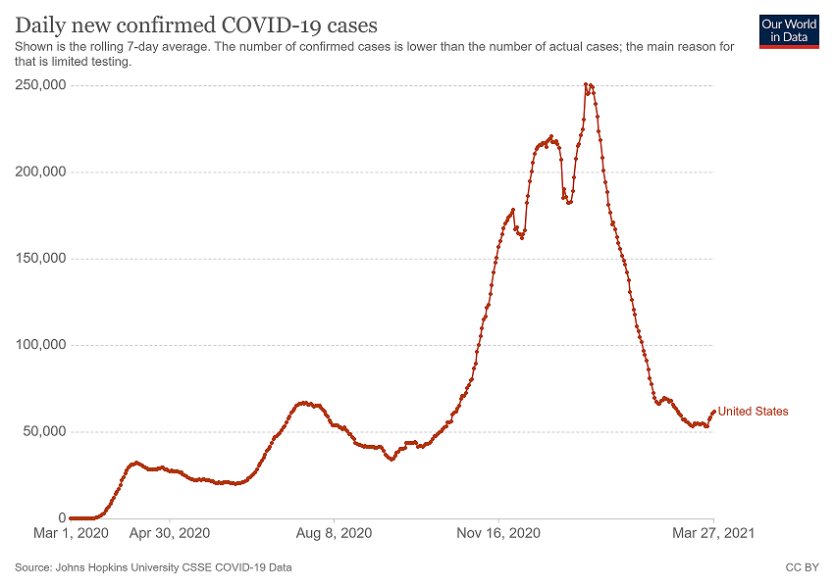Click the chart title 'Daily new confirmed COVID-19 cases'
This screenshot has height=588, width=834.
click(196, 24)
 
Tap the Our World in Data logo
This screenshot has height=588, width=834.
click(788, 30)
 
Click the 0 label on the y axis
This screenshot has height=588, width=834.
click(62, 517)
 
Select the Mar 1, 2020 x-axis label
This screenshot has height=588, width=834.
click(71, 534)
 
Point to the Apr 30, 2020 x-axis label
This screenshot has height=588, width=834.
click(170, 534)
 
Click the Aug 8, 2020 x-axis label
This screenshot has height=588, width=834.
click(334, 534)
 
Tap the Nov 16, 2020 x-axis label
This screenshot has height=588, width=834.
click(498, 534)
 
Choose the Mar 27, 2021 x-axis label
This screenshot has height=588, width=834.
click(713, 534)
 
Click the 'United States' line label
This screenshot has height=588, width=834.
click(753, 412)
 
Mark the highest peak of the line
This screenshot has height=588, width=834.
click(586, 85)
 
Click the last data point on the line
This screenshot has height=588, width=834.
click(713, 412)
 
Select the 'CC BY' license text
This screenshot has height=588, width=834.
click(803, 567)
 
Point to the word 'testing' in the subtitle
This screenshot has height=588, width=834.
click(111, 62)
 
